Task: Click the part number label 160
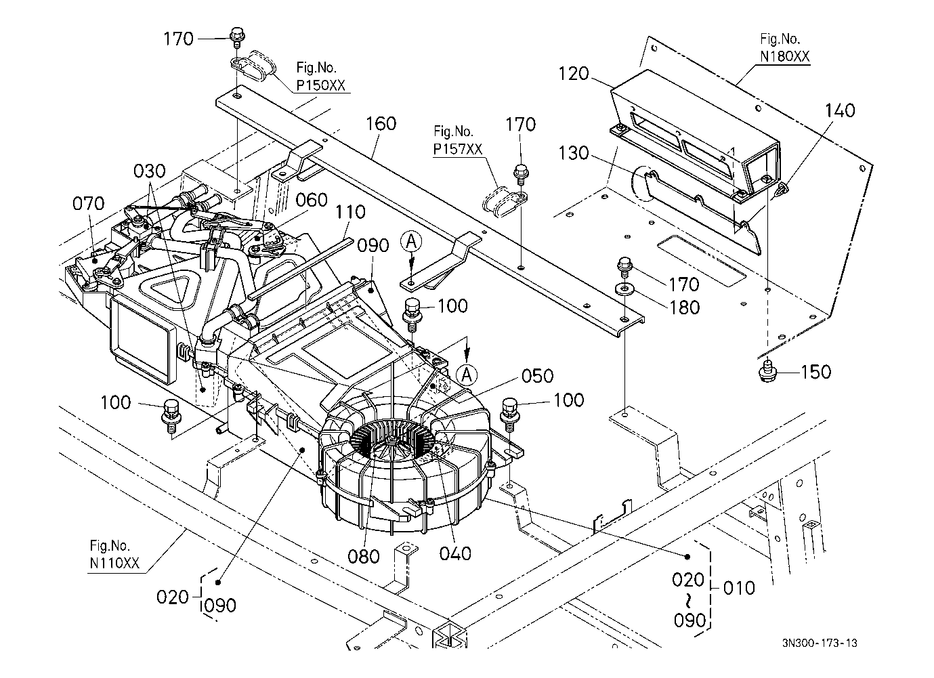[x=381, y=125]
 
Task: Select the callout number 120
[x=574, y=74]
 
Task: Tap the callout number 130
[x=574, y=154]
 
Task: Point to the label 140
[x=840, y=110]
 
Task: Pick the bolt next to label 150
[x=767, y=370]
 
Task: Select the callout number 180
[x=684, y=307]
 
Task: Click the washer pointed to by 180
[x=622, y=291]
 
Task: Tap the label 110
[x=349, y=213]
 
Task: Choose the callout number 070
[x=89, y=203]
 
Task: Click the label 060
[x=312, y=200]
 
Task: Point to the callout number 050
[x=537, y=376]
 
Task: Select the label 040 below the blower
[x=454, y=554]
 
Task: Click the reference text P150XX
[x=320, y=85]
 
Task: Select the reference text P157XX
[x=457, y=149]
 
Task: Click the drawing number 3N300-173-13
[x=824, y=643]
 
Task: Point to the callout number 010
[x=738, y=587]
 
